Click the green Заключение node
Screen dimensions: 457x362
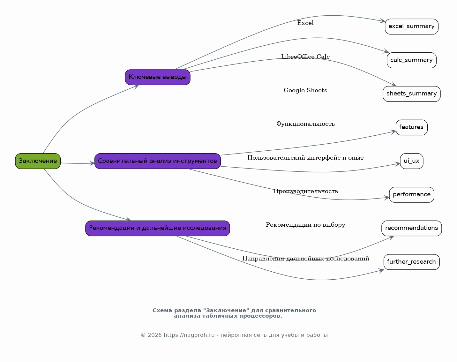tap(38, 161)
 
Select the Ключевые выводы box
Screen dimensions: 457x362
tap(158, 77)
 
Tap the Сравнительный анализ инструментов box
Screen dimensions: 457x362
tap(158, 161)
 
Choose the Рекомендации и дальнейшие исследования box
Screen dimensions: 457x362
tap(158, 228)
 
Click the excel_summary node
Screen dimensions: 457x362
tap(412, 26)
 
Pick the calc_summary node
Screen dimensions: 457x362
tap(412, 60)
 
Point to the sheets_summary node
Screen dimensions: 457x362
tap(412, 94)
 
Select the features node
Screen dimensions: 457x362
tap(412, 127)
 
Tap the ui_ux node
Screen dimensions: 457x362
tap(412, 161)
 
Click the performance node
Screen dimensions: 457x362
tap(412, 195)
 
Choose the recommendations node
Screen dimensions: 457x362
tap(412, 228)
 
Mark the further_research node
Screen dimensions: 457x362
tap(412, 262)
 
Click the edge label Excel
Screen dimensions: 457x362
tap(305, 23)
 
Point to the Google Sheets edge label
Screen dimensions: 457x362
tap(305, 90)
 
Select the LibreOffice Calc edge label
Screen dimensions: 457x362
tap(305, 57)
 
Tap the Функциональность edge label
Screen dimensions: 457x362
tap(305, 124)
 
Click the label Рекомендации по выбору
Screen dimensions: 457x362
tap(305, 225)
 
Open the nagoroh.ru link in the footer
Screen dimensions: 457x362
tap(189, 335)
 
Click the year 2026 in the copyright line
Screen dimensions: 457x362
tap(154, 335)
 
